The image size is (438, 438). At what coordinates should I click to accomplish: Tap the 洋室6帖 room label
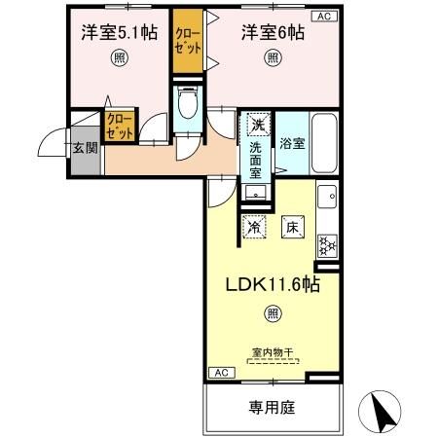[274, 31]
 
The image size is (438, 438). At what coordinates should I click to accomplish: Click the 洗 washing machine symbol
[256, 125]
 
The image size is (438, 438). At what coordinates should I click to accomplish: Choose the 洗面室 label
[255, 161]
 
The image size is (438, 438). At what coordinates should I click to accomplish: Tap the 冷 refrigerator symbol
[254, 228]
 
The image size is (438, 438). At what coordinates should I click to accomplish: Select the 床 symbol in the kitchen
[291, 228]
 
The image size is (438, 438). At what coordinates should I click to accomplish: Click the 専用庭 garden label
[274, 406]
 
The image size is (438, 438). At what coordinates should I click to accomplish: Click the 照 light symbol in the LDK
[273, 313]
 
